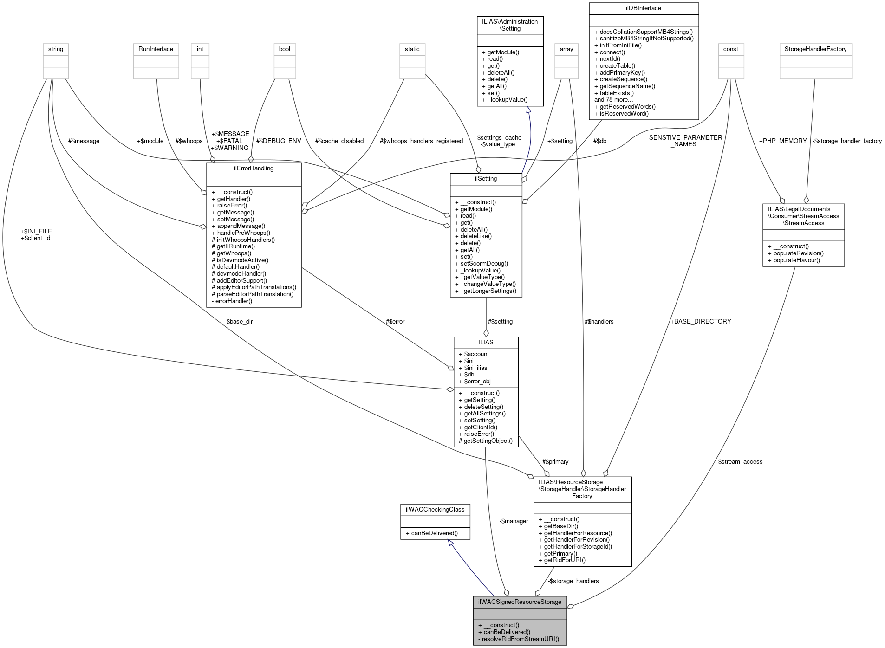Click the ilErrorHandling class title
point(254,168)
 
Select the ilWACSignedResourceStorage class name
point(520,602)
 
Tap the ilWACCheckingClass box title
point(435,509)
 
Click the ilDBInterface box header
point(643,8)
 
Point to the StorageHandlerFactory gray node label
point(815,49)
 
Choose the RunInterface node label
point(156,49)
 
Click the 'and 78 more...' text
point(613,99)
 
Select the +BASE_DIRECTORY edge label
point(700,321)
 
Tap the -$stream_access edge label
point(739,461)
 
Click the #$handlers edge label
point(599,321)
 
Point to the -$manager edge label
point(514,521)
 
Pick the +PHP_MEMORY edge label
point(782,141)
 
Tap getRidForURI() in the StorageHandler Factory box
point(561,560)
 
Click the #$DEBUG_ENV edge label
point(276,141)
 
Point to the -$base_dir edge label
point(239,321)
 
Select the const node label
point(730,49)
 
